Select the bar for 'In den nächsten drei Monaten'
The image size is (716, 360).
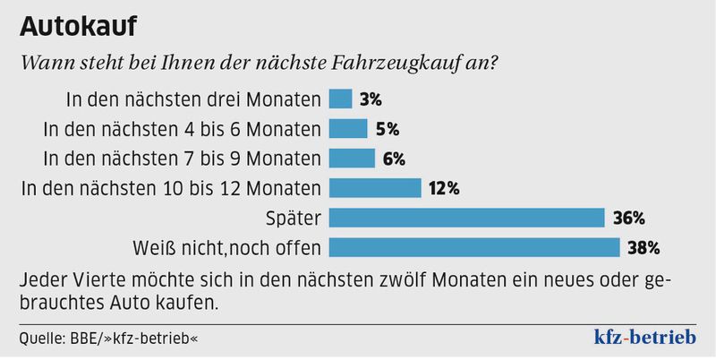[340, 99]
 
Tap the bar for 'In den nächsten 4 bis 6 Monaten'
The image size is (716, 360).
[348, 128]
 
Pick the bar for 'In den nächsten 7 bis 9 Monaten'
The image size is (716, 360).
[352, 158]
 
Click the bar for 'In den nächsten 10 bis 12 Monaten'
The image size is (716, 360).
[375, 187]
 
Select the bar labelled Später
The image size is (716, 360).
[467, 217]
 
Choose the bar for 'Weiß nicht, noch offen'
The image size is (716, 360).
[474, 246]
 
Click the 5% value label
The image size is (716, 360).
[388, 128]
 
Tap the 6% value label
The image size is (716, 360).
[395, 158]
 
